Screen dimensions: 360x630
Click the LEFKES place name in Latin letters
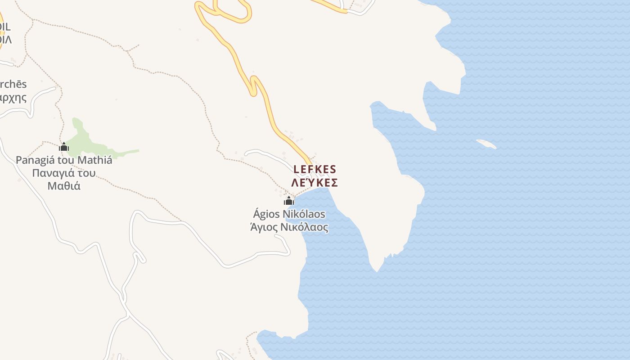pyautogui.click(x=315, y=169)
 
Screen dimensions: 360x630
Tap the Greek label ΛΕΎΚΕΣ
pyautogui.click(x=315, y=183)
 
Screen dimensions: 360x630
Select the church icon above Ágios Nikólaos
pyautogui.click(x=289, y=201)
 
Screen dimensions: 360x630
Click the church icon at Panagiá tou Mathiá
pyautogui.click(x=64, y=147)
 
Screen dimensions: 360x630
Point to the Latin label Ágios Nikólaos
pyautogui.click(x=289, y=214)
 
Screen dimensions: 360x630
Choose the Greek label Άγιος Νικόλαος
pyautogui.click(x=289, y=227)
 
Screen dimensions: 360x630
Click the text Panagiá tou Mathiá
pyautogui.click(x=64, y=160)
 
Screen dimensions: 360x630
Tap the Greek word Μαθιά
pyautogui.click(x=64, y=185)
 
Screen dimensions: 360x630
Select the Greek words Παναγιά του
pyautogui.click(x=64, y=173)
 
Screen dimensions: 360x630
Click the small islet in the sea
pyautogui.click(x=486, y=144)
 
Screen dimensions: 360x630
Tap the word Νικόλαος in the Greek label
pyautogui.click(x=304, y=227)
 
